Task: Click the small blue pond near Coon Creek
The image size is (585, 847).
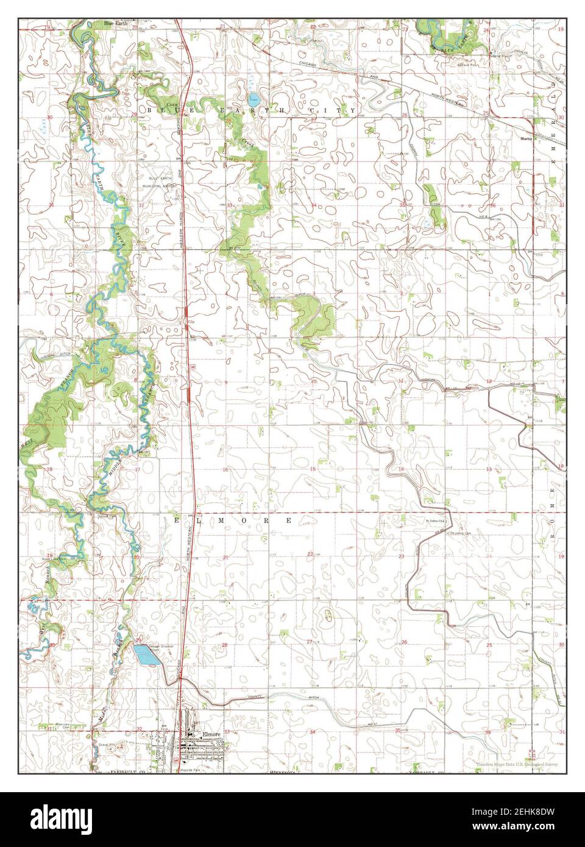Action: click(252, 98)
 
